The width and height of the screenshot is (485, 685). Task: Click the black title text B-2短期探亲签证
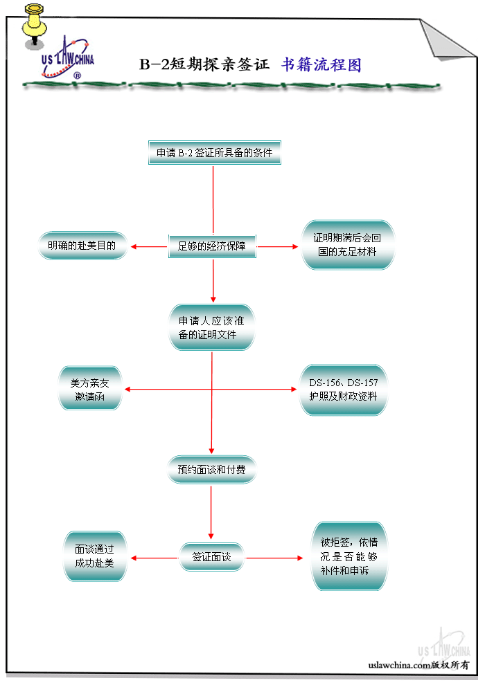204,65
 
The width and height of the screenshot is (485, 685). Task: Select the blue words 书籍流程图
321,65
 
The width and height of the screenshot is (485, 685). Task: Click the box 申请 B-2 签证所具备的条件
215,153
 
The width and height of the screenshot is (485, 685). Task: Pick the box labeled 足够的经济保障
213,246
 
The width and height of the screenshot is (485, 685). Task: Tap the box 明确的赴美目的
82,246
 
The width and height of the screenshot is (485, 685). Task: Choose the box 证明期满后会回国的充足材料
348,245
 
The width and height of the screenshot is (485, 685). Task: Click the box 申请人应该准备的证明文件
212,327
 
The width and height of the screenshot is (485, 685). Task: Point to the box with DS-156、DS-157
343,390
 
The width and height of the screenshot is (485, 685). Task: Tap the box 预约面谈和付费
212,470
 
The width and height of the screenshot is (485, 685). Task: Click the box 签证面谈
212,556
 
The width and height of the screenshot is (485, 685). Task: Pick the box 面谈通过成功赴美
95,556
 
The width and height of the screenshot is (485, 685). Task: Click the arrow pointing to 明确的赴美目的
148,246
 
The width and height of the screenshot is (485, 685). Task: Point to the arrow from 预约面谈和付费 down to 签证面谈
212,511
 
